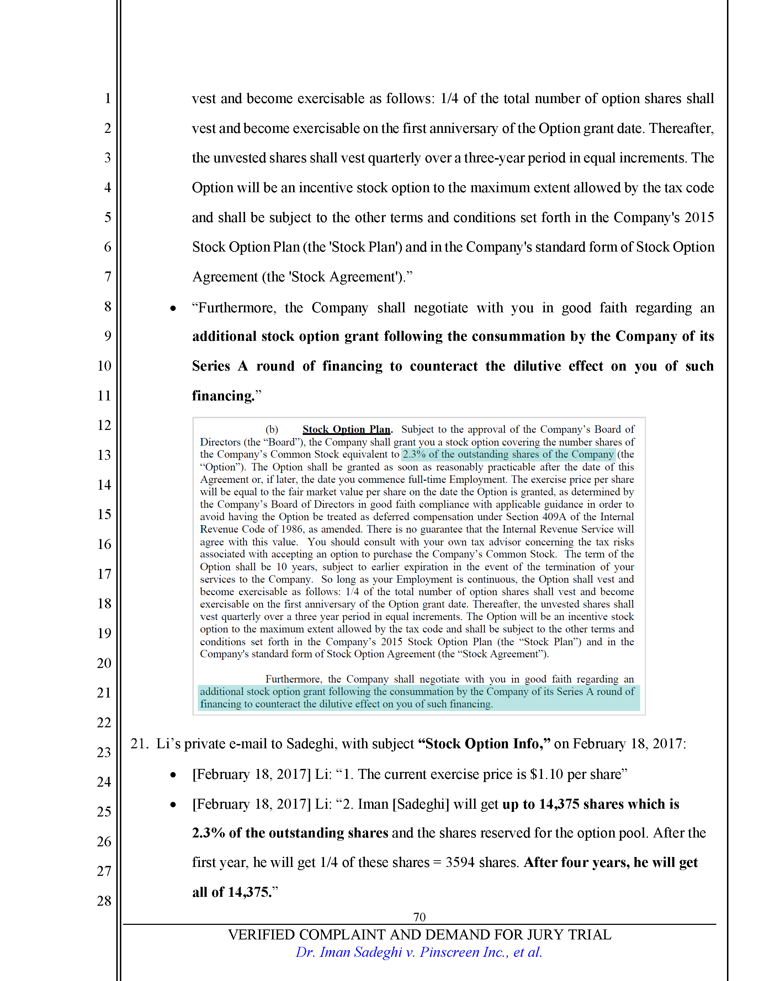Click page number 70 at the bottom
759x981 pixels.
click(x=419, y=917)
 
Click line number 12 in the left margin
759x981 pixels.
click(x=104, y=425)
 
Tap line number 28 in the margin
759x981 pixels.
click(x=104, y=901)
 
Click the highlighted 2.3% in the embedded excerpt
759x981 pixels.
click(x=414, y=454)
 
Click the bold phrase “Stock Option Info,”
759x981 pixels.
click(x=484, y=744)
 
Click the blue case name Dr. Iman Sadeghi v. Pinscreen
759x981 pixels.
click(x=419, y=952)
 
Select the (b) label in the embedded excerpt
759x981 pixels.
click(x=272, y=430)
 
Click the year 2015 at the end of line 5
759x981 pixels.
click(x=699, y=217)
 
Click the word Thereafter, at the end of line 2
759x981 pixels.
click(x=681, y=129)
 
